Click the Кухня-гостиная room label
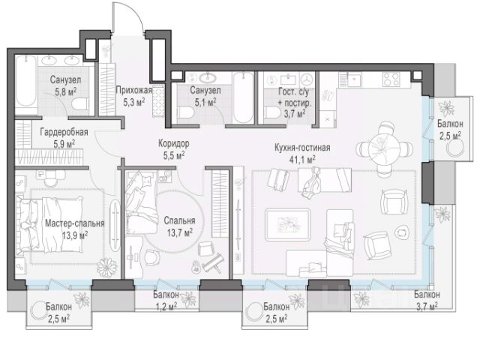[x=302, y=148]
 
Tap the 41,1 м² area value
[x=302, y=160]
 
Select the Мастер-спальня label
[x=75, y=223]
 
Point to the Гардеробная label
[x=64, y=132]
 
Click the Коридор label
[x=173, y=143]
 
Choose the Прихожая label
[x=133, y=90]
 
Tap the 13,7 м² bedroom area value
[x=180, y=233]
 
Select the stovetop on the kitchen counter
[x=391, y=78]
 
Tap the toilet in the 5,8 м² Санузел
[x=79, y=104]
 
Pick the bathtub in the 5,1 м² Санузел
[x=243, y=97]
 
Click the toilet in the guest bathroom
[x=271, y=112]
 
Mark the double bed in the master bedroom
[x=49, y=225]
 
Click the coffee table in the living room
[x=287, y=225]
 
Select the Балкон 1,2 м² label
[x=166, y=301]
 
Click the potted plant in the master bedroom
[x=106, y=267]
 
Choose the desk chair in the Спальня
[x=151, y=258]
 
